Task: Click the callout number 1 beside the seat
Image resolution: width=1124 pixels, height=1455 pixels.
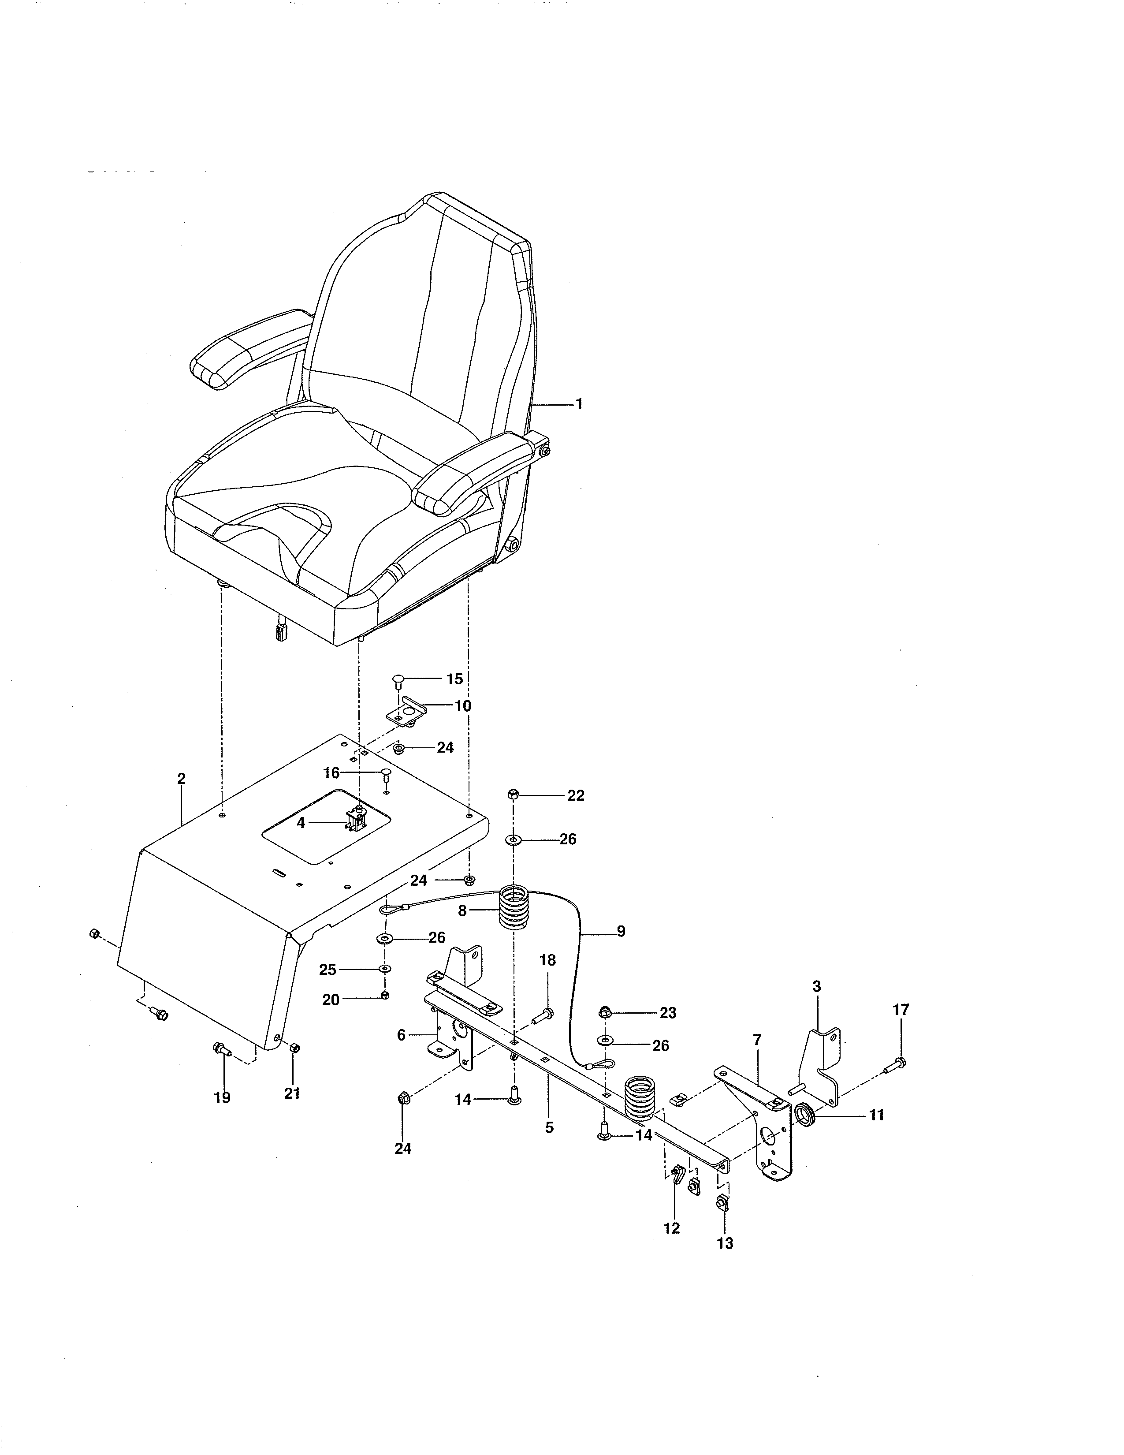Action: pyautogui.click(x=579, y=404)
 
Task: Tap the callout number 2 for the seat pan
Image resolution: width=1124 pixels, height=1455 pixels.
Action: pyautogui.click(x=181, y=779)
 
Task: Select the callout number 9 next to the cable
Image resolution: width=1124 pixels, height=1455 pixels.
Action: pyautogui.click(x=621, y=931)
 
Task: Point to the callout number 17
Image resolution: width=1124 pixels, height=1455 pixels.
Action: pyautogui.click(x=900, y=1010)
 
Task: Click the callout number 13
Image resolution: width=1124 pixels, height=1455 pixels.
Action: pyautogui.click(x=725, y=1243)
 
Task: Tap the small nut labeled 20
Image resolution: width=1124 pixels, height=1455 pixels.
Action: pyautogui.click(x=385, y=995)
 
